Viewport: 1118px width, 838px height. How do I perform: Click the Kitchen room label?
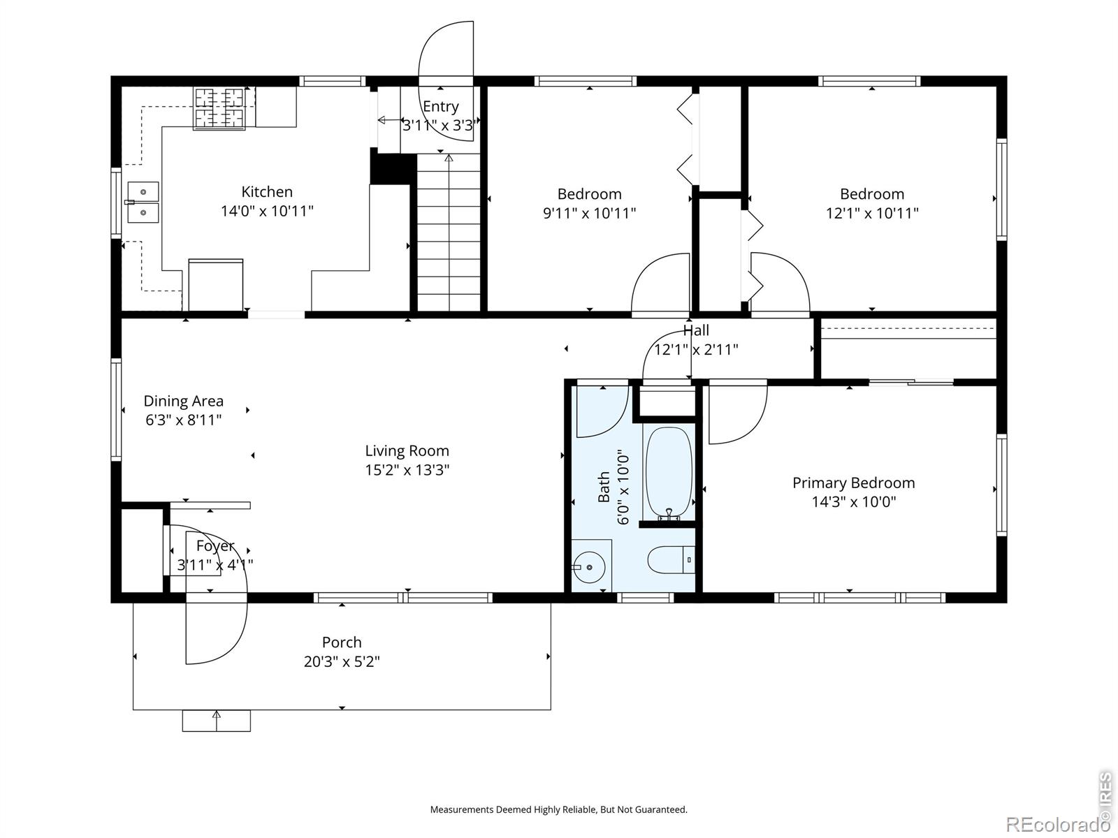[x=267, y=192]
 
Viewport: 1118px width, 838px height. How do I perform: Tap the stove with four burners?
[x=219, y=108]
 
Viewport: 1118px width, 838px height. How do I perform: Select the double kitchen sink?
[x=143, y=202]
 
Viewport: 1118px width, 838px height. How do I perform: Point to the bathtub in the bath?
[x=669, y=473]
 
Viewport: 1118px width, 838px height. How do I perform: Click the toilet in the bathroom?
[x=671, y=559]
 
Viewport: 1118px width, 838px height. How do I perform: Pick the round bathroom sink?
[x=589, y=567]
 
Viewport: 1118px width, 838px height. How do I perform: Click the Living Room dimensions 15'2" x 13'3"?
[x=407, y=469]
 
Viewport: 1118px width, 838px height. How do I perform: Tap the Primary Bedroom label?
[x=854, y=483]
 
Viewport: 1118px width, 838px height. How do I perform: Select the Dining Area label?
[x=183, y=401]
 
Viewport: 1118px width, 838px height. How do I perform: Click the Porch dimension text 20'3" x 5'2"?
[x=342, y=661]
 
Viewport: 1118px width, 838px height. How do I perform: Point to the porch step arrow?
[x=217, y=721]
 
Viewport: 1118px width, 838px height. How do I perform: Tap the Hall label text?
[x=696, y=330]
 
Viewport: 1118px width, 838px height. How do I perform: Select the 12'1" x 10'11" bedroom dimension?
[x=872, y=213]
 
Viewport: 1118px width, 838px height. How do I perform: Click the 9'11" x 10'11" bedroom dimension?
[x=589, y=213]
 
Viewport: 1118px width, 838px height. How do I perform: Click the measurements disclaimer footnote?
[x=559, y=809]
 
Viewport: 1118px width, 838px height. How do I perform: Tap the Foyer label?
[x=215, y=546]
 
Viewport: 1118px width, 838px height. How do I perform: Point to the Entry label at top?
[x=441, y=106]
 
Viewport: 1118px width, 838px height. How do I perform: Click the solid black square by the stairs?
[x=391, y=169]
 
